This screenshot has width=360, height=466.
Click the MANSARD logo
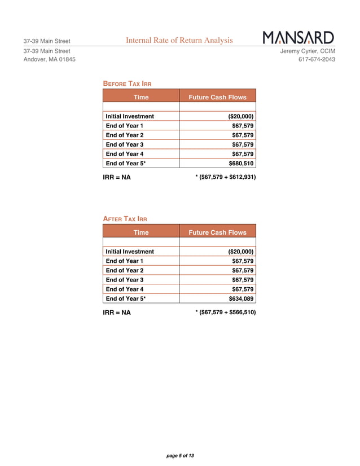(x=298, y=38)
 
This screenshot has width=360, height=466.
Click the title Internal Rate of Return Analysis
(x=179, y=40)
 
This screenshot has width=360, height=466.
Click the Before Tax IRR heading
(x=127, y=83)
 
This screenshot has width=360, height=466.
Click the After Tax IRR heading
(x=125, y=219)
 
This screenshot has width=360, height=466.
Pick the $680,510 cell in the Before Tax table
(x=241, y=163)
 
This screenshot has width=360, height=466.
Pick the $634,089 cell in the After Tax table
(x=241, y=298)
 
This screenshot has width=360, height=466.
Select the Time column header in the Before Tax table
(x=141, y=97)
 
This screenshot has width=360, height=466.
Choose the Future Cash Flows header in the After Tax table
(x=217, y=232)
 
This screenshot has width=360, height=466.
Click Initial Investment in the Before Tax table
(x=130, y=116)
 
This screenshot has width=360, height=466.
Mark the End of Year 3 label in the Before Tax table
(x=125, y=144)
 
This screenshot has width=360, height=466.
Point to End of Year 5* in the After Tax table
(x=126, y=298)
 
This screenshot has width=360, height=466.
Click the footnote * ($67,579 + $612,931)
(x=225, y=177)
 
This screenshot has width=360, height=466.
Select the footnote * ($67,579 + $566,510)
(x=225, y=312)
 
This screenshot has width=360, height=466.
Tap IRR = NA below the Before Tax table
(x=117, y=178)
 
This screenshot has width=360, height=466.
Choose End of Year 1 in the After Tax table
(x=125, y=261)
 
